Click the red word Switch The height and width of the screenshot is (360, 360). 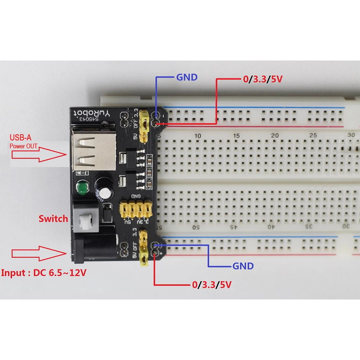[x=53, y=219]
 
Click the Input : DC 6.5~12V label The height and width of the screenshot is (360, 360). [x=44, y=273]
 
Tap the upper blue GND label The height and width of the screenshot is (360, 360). [x=186, y=77]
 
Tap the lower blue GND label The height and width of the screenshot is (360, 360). [x=243, y=266]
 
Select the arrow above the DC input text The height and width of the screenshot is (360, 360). [x=39, y=253]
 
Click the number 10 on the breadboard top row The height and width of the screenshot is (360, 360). [x=198, y=136]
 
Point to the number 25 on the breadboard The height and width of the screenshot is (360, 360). [x=313, y=136]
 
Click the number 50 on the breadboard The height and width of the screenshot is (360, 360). [x=197, y=227]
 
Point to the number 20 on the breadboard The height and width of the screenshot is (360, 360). [x=275, y=136]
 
